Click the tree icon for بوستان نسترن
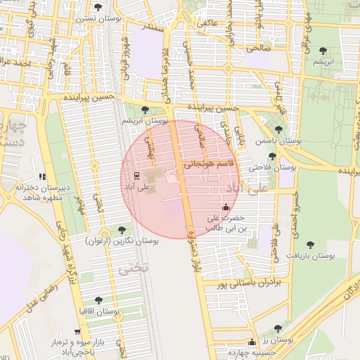click(x=97, y=6)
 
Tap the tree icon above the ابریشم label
click(x=322, y=50)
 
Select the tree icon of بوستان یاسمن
click(x=279, y=129)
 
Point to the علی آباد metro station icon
click(x=136, y=176)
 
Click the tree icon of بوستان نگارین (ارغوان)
click(x=122, y=229)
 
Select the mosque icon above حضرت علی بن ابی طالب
click(x=226, y=207)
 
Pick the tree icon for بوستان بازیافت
click(x=310, y=245)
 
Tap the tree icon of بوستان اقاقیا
click(x=98, y=300)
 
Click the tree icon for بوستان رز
click(x=279, y=329)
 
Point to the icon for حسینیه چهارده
click(x=252, y=342)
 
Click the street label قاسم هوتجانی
click(x=212, y=164)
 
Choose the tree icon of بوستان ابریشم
click(x=145, y=110)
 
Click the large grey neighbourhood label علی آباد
click(x=243, y=189)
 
